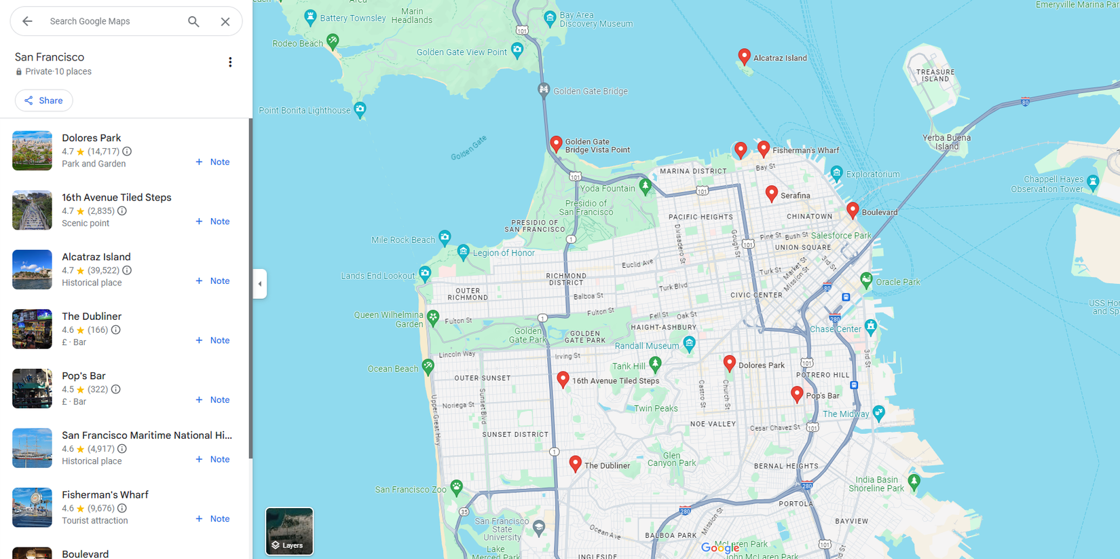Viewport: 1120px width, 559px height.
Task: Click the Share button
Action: tap(44, 101)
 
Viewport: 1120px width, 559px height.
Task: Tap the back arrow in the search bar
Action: tap(27, 21)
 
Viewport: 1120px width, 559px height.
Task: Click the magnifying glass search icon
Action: tap(193, 21)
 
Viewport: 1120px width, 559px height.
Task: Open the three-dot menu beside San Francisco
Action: tap(230, 62)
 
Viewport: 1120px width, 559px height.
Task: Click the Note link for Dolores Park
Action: tap(213, 162)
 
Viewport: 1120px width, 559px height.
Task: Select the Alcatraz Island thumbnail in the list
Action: tap(32, 270)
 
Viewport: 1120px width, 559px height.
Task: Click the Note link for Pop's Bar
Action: tap(213, 399)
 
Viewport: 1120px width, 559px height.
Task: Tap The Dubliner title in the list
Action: tap(92, 317)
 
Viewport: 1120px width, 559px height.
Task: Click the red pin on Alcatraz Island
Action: tap(744, 56)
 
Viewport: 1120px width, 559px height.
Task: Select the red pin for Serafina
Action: tap(771, 194)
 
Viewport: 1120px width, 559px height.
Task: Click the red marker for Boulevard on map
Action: tap(853, 210)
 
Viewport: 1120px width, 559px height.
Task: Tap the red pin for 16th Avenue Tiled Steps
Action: tap(563, 379)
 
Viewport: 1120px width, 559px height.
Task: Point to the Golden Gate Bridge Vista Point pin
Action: tap(556, 143)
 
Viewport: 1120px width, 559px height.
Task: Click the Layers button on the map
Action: tap(289, 531)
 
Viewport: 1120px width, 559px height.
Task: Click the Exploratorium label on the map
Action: tap(872, 175)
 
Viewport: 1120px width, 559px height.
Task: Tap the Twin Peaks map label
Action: tap(656, 408)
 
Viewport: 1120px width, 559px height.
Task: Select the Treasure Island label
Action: tap(935, 75)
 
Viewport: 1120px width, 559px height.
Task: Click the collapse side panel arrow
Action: tap(260, 284)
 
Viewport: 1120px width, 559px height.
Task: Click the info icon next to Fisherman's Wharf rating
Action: tap(122, 508)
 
